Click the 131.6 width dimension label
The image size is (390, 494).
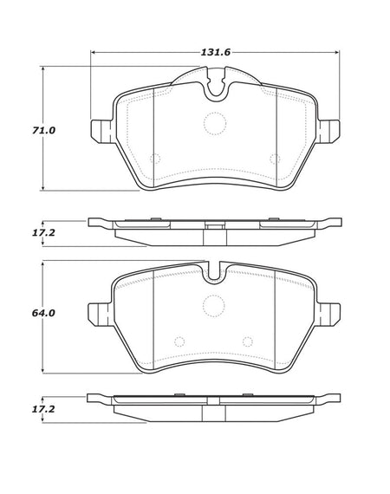pos(216,52)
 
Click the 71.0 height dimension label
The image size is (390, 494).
pos(43,130)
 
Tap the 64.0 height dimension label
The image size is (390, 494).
pos(43,313)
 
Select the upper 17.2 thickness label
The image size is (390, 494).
pos(43,233)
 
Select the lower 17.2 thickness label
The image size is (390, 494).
pos(43,409)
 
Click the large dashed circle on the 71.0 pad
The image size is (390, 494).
pos(215,123)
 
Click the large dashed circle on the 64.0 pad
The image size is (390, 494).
pos(214,306)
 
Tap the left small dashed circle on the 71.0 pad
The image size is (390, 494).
pos(155,159)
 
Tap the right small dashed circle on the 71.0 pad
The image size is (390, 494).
pos(275,159)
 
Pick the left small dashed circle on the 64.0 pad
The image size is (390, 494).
pos(179,341)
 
